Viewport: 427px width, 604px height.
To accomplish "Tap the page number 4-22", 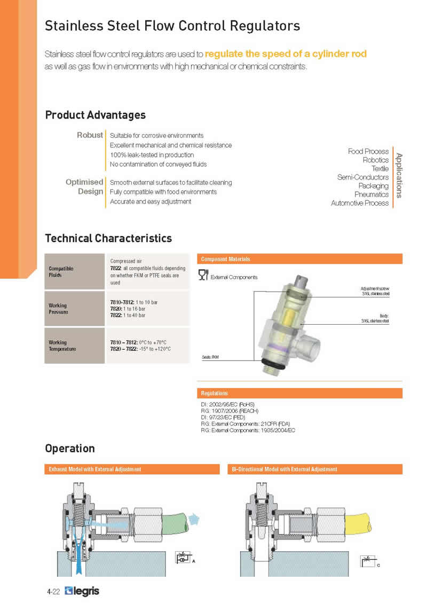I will pos(53,592).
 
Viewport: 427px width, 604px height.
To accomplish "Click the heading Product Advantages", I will pos(95,115).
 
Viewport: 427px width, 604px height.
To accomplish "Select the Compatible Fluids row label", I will pos(61,272).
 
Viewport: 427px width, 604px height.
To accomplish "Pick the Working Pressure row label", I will pos(58,309).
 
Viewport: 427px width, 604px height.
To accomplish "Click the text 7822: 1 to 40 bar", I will pos(126,316).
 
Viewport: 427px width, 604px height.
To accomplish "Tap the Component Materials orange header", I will pos(299,259).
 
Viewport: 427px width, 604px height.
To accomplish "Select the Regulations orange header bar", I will pos(299,393).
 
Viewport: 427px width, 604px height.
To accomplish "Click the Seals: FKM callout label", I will pos(212,356).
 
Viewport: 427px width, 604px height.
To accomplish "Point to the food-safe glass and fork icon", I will pos(203,275).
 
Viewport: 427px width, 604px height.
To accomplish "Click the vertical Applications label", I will pos(399,175).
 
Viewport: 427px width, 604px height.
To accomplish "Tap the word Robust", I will pos(90,135).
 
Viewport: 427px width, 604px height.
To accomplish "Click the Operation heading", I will pos(70,449).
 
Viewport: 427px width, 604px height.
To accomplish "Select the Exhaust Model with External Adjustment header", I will pos(132,469).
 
